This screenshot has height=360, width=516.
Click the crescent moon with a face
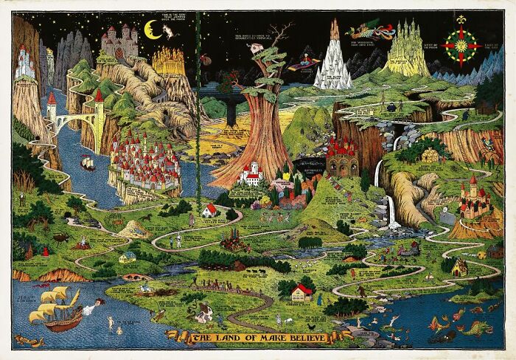pos(153,30)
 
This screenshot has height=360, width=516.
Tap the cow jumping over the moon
pos(170,30)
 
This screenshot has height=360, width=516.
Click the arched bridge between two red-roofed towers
pos(74,119)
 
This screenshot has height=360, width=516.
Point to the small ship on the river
pos(87,163)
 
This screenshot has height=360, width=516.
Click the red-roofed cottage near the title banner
pos(301,292)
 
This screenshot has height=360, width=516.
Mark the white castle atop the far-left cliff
pos(24,62)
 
